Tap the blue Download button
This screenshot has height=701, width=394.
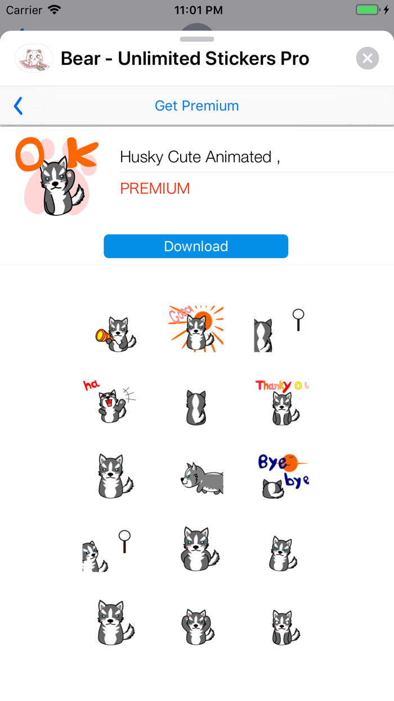[x=196, y=246]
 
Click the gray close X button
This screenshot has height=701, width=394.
[x=367, y=58]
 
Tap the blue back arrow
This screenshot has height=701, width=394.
[x=19, y=105]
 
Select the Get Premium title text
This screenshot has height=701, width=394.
[x=196, y=105]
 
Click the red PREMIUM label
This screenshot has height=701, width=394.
[x=155, y=188]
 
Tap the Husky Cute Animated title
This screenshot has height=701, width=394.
[x=200, y=157]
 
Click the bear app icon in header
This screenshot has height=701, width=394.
[x=34, y=58]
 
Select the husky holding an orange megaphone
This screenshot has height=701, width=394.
[x=115, y=334]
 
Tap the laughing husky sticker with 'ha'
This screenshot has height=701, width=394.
[x=110, y=401]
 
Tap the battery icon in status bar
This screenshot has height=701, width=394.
[x=369, y=10]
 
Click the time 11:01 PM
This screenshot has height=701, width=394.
[x=198, y=10]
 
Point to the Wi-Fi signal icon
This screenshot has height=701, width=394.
[x=54, y=10]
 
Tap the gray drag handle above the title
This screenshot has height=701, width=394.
[x=197, y=39]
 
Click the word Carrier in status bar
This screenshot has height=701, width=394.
[x=24, y=10]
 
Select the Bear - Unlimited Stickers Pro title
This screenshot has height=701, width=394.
[x=185, y=58]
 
